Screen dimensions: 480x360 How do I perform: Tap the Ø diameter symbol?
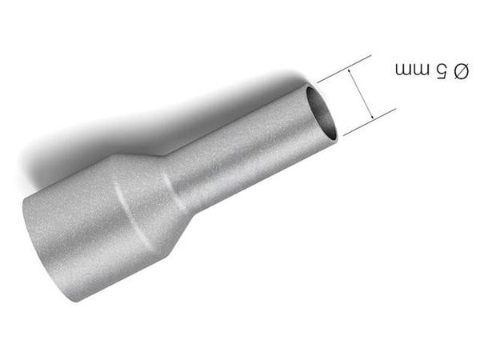(461, 71)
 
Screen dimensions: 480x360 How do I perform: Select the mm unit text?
(412, 70)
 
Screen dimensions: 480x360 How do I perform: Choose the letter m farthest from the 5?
(403, 70)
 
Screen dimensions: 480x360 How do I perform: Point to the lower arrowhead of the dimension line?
(370, 115)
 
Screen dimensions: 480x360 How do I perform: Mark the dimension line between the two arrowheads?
(361, 94)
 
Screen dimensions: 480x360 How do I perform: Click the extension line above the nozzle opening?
(344, 69)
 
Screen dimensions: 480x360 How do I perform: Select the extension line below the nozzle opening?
(370, 122)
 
